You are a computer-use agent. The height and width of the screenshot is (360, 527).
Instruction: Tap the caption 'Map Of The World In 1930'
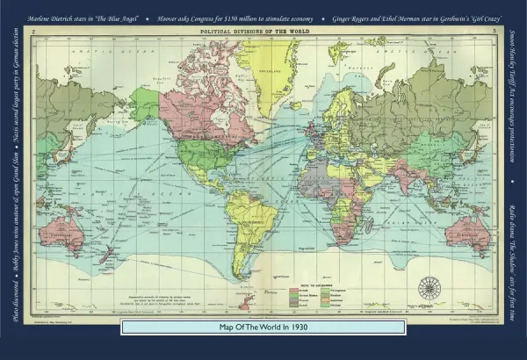pyautogui.click(x=263, y=327)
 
